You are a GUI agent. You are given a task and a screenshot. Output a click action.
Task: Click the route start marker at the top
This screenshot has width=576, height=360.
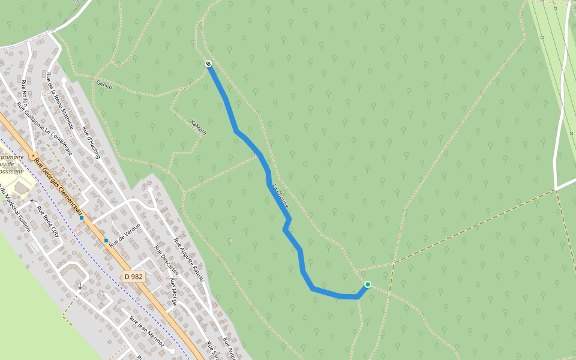pos(208,64)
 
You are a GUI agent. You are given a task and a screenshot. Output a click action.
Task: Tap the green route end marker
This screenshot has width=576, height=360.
pos(368,284)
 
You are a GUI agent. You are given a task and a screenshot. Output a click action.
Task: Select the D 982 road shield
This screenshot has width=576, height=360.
pos(133,277)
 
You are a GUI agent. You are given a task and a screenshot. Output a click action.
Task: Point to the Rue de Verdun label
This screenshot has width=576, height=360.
pos(125,234)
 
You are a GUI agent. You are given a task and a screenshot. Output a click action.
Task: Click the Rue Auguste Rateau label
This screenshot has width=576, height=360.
pos(190,260)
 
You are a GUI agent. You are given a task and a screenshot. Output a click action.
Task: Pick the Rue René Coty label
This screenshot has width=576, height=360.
pos(49,222)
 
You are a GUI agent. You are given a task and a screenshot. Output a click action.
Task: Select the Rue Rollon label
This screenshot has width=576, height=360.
pos(25,93)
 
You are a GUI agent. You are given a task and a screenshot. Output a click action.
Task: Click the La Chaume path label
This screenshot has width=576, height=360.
pos(281,196)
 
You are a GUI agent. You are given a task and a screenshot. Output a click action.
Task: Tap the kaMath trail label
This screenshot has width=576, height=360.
pos(198,127)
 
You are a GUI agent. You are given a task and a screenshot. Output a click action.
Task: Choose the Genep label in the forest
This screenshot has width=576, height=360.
pos(104,85)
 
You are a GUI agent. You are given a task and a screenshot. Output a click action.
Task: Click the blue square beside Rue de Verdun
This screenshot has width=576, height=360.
pos(106,241)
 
